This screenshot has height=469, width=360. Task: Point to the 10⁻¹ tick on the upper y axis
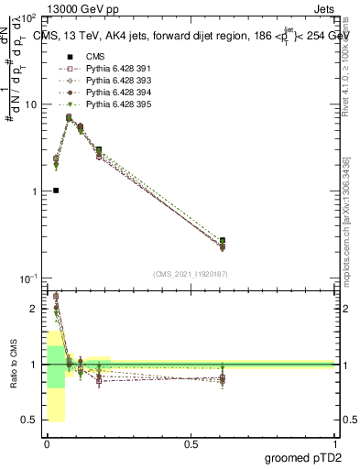pos(30,278)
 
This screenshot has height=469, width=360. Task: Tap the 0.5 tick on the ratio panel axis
pos(33,420)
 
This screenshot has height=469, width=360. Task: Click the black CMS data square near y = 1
pos(56,191)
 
